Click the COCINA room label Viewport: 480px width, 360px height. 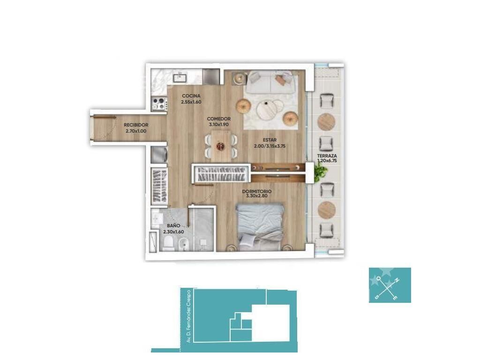point(191,96)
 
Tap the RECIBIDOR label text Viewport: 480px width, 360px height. point(136,125)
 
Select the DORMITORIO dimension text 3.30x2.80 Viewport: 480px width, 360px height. point(256,196)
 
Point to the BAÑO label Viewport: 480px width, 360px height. point(173,225)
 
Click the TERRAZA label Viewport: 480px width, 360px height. point(327,156)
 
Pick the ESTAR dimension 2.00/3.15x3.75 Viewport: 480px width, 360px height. point(270,146)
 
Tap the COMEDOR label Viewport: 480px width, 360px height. point(218,119)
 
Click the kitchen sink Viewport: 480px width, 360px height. point(180,77)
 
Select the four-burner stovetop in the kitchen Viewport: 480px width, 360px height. point(159,104)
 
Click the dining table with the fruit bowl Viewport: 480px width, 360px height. point(220,146)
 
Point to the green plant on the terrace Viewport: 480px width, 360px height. point(321,172)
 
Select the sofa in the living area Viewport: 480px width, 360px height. point(270,82)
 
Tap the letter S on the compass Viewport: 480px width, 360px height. point(376,297)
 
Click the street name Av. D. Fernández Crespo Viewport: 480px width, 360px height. point(188,316)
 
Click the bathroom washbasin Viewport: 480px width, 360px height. point(157,218)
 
